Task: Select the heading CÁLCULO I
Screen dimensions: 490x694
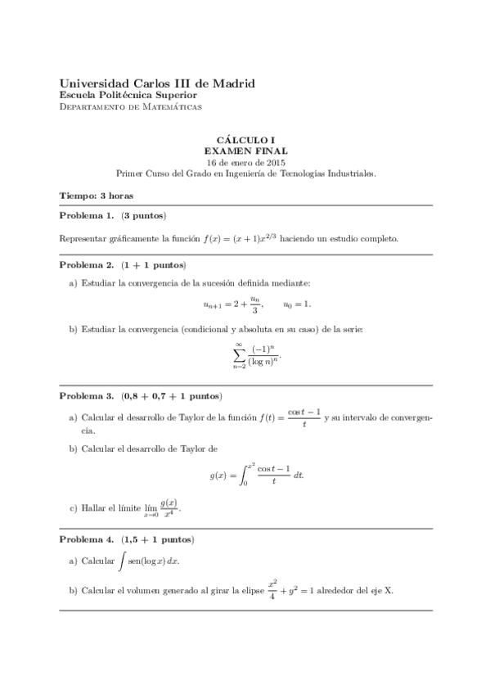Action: click(245, 141)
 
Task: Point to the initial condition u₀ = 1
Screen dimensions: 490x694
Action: click(297, 304)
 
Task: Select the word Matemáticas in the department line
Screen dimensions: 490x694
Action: click(173, 107)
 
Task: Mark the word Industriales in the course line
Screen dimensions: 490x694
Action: click(350, 173)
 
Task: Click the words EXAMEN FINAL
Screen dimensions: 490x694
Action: click(245, 151)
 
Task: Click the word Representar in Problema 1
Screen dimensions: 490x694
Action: click(86, 239)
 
